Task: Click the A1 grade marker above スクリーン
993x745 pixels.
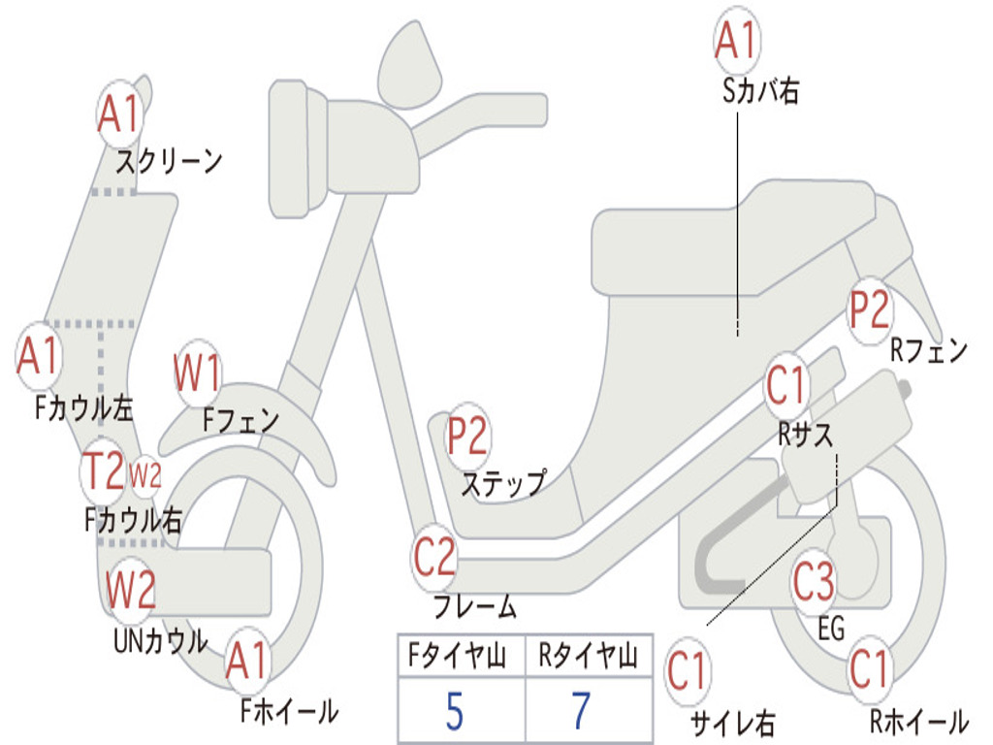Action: [119, 113]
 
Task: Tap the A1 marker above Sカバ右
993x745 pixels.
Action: [737, 39]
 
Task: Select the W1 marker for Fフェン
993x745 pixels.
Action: [197, 372]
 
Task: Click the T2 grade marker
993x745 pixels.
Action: [103, 470]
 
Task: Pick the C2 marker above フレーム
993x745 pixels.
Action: [434, 557]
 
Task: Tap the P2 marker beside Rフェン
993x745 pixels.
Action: [870, 310]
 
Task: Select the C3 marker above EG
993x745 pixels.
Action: [814, 582]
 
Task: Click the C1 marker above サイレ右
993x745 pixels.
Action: [688, 671]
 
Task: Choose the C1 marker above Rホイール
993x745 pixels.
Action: [869, 669]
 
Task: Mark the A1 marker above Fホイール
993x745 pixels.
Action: [247, 661]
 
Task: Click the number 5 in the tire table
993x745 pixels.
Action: [455, 711]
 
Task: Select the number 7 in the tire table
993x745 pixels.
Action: [582, 711]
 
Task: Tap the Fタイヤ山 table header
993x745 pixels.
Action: [457, 656]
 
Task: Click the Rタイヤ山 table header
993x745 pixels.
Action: [588, 656]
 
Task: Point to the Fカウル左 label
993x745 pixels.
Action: [83, 408]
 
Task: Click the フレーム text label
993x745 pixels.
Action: [474, 606]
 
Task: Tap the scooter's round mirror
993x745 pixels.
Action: [410, 65]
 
